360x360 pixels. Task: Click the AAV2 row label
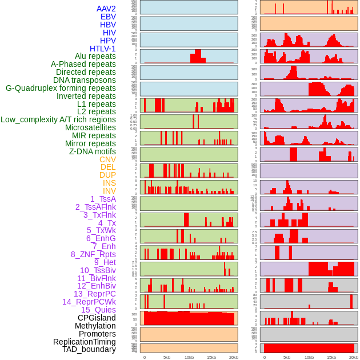coord(106,9)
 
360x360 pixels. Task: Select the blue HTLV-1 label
coord(102,49)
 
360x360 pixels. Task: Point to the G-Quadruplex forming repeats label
coord(61,88)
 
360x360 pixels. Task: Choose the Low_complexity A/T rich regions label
coord(58,119)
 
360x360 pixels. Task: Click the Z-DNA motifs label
coord(92,151)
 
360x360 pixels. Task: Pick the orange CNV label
coord(107,159)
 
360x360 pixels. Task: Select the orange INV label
coord(109,191)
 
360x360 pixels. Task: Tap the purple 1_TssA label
coord(103,199)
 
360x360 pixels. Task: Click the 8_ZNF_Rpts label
coord(93,254)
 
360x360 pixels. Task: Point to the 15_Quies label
coord(98,310)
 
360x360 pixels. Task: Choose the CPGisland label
coord(97,318)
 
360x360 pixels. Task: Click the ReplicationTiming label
coord(84,342)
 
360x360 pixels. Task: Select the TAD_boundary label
coord(89,349)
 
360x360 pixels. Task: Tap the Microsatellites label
coord(90,127)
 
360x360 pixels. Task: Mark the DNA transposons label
coord(85,80)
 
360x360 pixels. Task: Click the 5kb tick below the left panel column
coord(167,357)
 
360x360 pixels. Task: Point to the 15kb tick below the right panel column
coord(331,357)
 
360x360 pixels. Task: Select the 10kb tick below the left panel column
coord(189,357)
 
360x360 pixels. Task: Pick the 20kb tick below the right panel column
coord(354,357)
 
